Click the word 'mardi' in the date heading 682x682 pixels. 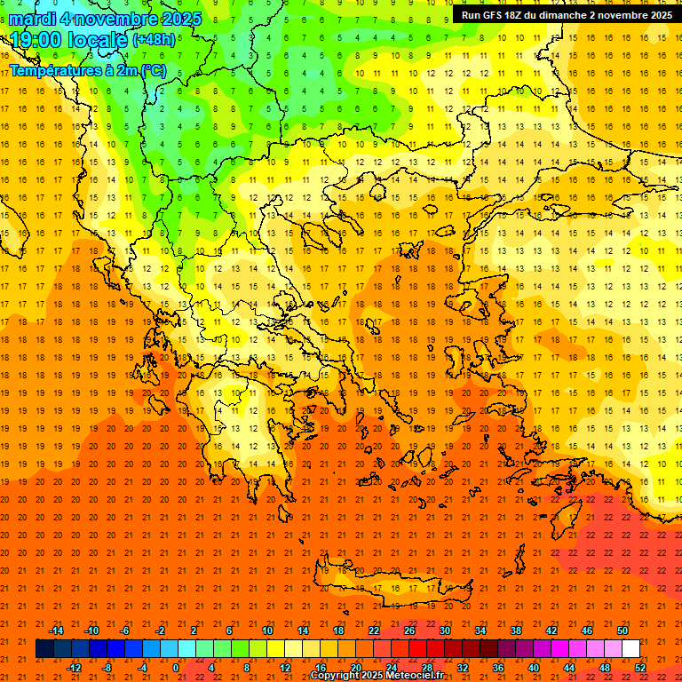(36, 19)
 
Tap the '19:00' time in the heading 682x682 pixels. (36, 40)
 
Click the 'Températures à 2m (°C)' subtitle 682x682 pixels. (87, 69)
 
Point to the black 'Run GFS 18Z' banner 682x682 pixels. (566, 15)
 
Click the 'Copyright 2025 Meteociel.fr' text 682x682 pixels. (377, 676)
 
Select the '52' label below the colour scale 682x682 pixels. (640, 668)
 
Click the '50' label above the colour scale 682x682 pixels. (622, 630)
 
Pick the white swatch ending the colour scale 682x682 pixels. (630, 649)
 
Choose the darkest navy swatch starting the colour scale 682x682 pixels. (44, 649)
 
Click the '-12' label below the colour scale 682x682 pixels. (74, 668)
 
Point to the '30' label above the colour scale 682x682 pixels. (444, 630)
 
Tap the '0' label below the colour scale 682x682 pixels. (175, 668)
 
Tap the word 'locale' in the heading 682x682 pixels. (99, 40)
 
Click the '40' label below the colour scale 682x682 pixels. (533, 668)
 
